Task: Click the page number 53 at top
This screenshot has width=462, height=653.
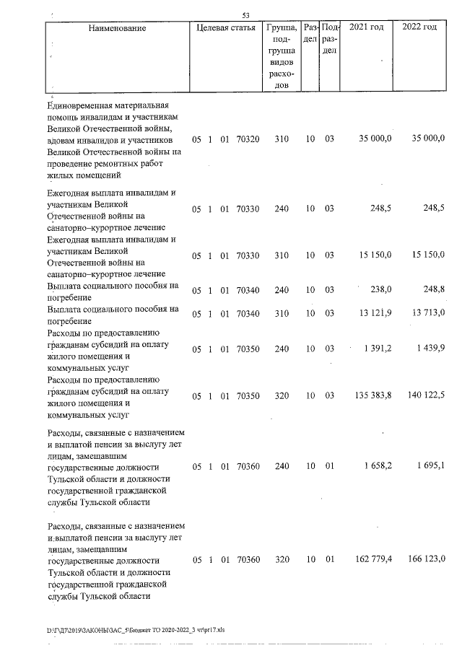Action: tap(245, 15)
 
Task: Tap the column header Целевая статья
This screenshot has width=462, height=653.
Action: tap(225, 28)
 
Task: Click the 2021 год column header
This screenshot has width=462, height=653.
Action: tap(367, 27)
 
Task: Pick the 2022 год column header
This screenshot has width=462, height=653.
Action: tap(419, 27)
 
